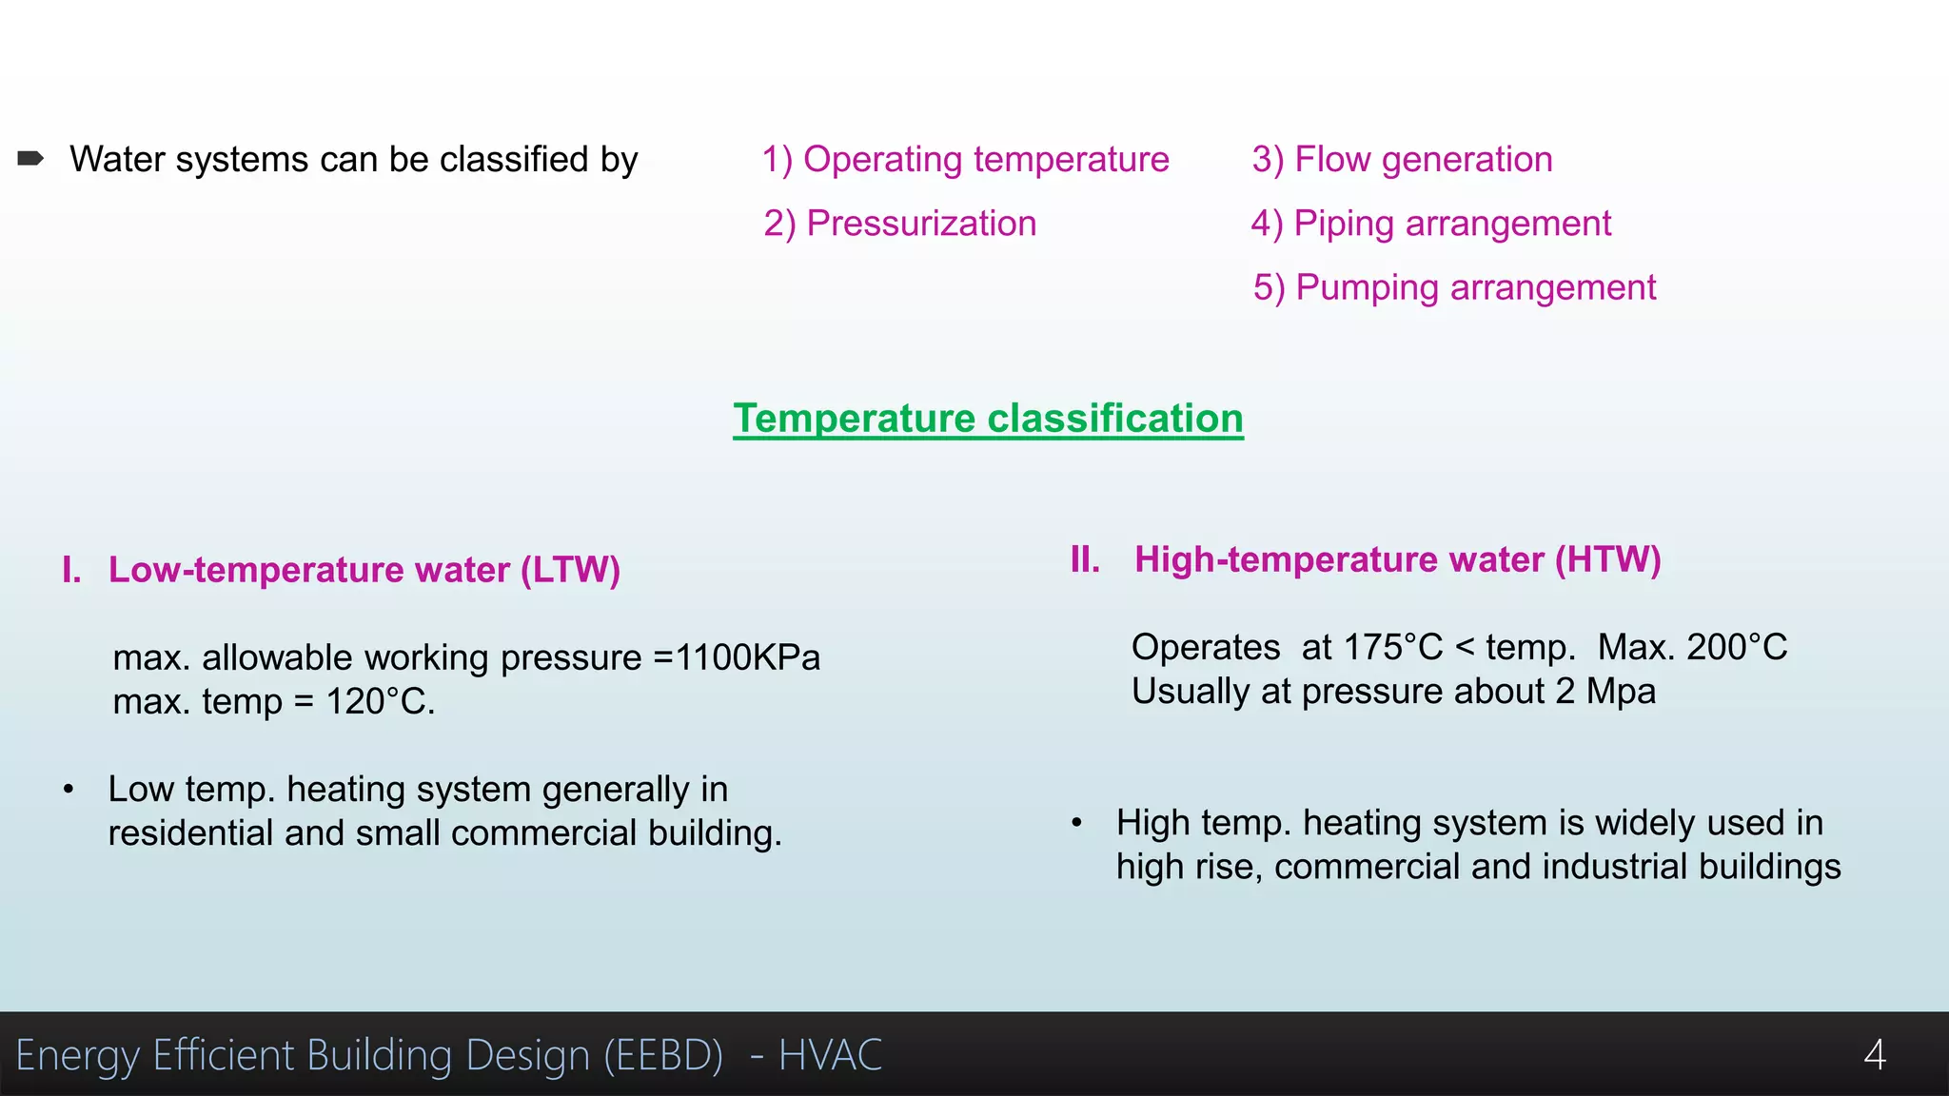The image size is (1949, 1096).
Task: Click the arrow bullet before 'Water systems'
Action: (30, 159)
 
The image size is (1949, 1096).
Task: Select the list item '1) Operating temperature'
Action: (965, 160)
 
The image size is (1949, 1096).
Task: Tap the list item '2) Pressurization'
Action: (899, 224)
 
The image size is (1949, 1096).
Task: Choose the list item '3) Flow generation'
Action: (1402, 160)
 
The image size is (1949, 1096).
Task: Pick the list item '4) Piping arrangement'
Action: (1430, 224)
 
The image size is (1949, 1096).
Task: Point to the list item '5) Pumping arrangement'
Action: (1454, 287)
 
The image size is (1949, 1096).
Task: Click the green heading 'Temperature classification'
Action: (988, 419)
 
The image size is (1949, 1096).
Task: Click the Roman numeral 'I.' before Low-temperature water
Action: (71, 570)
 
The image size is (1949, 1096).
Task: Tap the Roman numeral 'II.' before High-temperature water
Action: (1085, 559)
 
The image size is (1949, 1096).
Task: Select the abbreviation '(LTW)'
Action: (570, 570)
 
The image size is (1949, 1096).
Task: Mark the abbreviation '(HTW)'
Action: (1607, 559)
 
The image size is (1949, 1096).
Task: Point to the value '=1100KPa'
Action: (737, 657)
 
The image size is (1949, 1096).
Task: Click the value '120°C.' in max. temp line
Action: (380, 702)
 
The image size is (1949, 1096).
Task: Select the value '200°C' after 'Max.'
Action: (1737, 647)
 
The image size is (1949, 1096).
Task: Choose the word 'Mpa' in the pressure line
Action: (1621, 692)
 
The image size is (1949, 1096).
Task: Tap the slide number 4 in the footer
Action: (1874, 1054)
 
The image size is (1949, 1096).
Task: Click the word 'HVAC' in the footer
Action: (830, 1055)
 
